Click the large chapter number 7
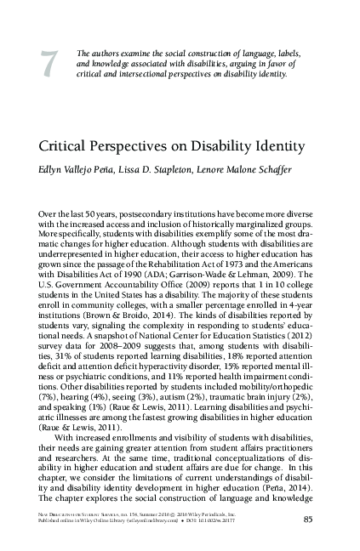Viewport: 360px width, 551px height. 49,62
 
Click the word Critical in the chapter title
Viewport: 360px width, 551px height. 88,146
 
